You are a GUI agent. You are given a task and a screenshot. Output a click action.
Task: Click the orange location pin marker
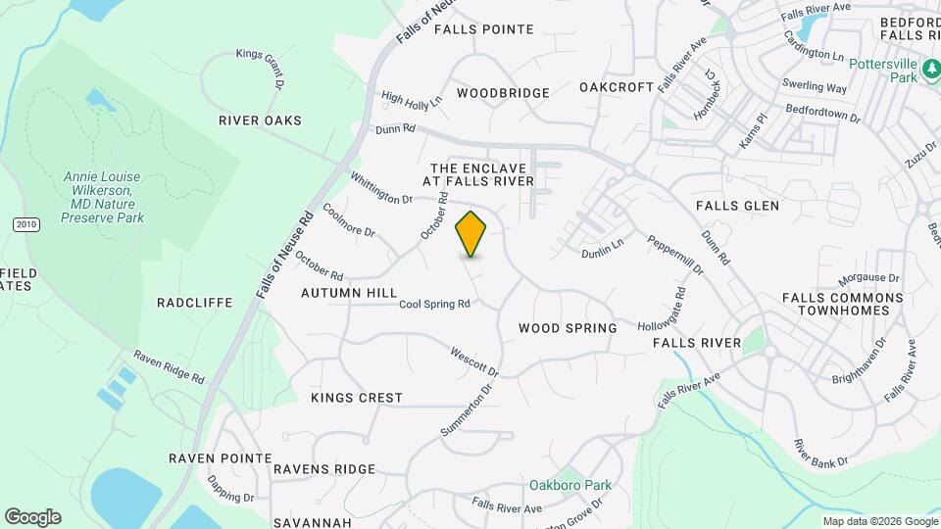click(x=471, y=233)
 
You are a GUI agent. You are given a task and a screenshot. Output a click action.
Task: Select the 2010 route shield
click(x=26, y=224)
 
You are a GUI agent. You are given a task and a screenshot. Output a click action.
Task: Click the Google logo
click(x=32, y=517)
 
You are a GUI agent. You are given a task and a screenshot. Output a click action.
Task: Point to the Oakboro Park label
click(x=570, y=485)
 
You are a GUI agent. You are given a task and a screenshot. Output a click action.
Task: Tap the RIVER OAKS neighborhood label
click(x=260, y=120)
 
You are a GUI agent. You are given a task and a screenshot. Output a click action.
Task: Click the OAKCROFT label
click(x=617, y=87)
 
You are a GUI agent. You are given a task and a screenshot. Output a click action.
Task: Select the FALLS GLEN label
click(x=737, y=206)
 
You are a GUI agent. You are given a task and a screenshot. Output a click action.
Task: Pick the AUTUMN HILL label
click(x=349, y=293)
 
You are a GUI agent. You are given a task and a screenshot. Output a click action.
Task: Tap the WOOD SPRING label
click(x=568, y=328)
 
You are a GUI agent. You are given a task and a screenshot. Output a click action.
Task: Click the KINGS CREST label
click(x=357, y=398)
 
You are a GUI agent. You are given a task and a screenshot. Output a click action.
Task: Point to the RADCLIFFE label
click(x=195, y=303)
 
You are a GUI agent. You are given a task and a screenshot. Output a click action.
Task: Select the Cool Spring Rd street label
click(x=434, y=305)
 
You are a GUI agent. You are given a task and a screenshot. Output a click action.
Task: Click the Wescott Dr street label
click(x=474, y=361)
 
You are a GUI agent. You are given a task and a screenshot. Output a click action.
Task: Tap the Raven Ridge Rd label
click(x=170, y=367)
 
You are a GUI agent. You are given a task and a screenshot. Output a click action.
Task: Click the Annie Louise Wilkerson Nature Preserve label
click(x=102, y=197)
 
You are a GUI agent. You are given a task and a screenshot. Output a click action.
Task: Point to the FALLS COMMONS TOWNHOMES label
click(x=842, y=304)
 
